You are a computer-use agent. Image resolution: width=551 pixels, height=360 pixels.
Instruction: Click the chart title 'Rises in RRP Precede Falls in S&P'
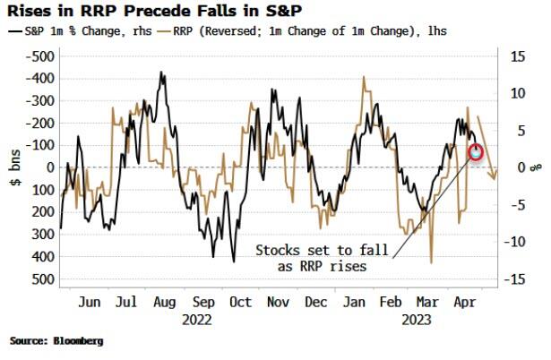click(x=126, y=12)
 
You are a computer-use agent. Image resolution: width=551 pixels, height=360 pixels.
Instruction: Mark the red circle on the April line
click(x=477, y=151)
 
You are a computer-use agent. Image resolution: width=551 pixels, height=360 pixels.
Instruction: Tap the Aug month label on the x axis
click(x=163, y=302)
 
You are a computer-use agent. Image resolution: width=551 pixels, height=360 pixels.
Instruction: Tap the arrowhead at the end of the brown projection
click(x=495, y=177)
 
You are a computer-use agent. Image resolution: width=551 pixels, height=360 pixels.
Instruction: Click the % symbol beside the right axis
click(x=536, y=167)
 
